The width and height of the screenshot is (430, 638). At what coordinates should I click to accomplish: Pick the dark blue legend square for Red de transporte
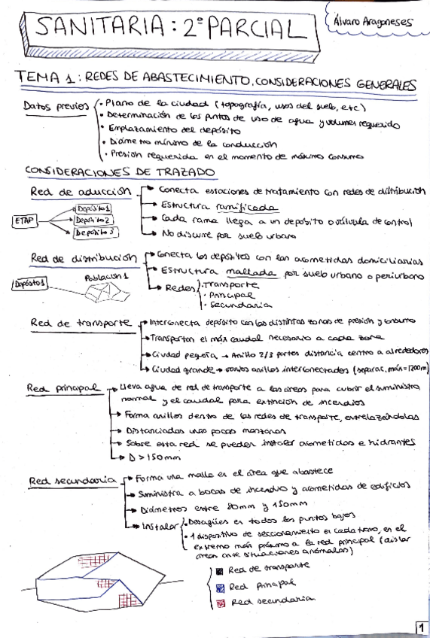tap(219, 570)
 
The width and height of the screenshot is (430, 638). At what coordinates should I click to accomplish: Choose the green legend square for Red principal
tap(218, 586)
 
